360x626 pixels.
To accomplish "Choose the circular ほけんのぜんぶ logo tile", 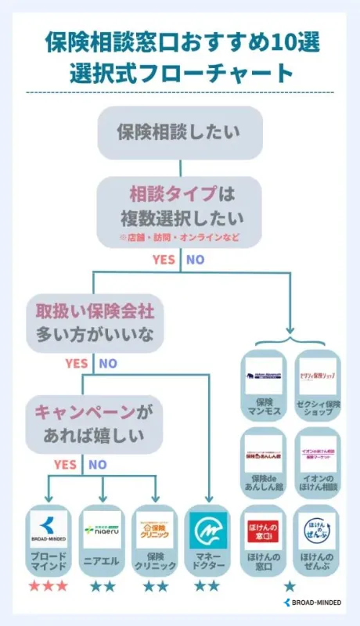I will tap(318, 531).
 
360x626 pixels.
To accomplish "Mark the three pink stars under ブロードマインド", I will tap(49, 585).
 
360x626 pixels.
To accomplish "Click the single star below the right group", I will tap(290, 585).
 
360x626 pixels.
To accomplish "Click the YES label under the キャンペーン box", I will tap(65, 464).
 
